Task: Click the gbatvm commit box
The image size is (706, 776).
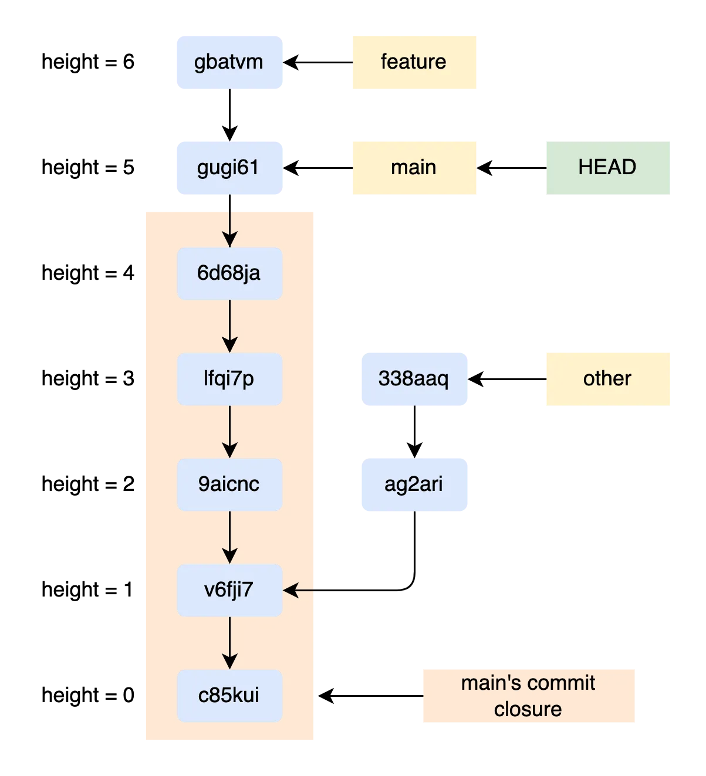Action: click(x=229, y=62)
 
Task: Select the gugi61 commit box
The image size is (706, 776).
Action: click(x=229, y=168)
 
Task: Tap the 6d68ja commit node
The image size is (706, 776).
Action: click(x=229, y=273)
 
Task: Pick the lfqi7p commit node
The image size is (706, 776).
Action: click(x=229, y=379)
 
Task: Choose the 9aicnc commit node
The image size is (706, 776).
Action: click(x=229, y=484)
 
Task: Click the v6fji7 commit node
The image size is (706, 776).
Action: click(x=229, y=590)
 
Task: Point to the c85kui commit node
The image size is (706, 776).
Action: click(x=229, y=696)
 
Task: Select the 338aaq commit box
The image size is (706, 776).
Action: click(x=415, y=379)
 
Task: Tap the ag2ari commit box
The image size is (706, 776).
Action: click(x=415, y=484)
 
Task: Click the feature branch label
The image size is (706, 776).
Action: click(x=415, y=62)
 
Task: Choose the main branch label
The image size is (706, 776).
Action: click(x=415, y=168)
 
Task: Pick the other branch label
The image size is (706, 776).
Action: click(x=607, y=379)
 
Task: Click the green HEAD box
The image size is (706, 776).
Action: click(x=607, y=168)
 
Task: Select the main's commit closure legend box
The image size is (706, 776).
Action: click(x=529, y=695)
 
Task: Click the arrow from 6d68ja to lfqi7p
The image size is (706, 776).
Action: click(x=229, y=326)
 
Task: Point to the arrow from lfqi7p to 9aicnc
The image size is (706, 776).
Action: click(x=229, y=431)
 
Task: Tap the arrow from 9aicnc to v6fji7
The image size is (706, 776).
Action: click(x=229, y=537)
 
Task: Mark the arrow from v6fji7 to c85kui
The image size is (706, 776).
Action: click(x=229, y=642)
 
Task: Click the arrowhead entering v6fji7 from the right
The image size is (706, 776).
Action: click(x=290, y=590)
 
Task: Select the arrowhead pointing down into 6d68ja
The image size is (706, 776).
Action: click(x=229, y=240)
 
